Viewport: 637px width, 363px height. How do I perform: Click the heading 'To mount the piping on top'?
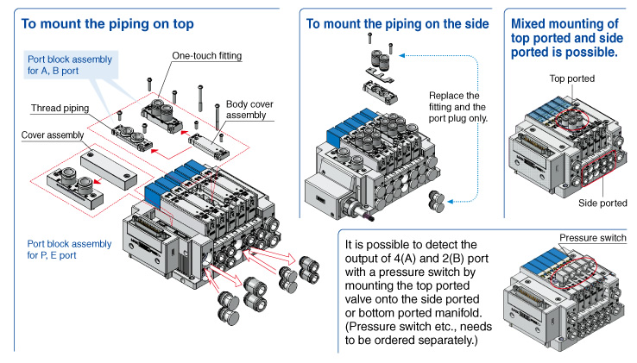[x=108, y=23]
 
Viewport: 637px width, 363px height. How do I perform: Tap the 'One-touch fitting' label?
[x=206, y=56]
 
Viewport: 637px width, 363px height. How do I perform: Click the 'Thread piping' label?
[x=61, y=109]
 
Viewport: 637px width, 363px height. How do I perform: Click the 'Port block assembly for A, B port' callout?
[x=69, y=65]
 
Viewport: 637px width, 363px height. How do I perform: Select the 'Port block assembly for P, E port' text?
[x=69, y=249]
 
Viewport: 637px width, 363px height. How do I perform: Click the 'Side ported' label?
[x=603, y=203]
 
